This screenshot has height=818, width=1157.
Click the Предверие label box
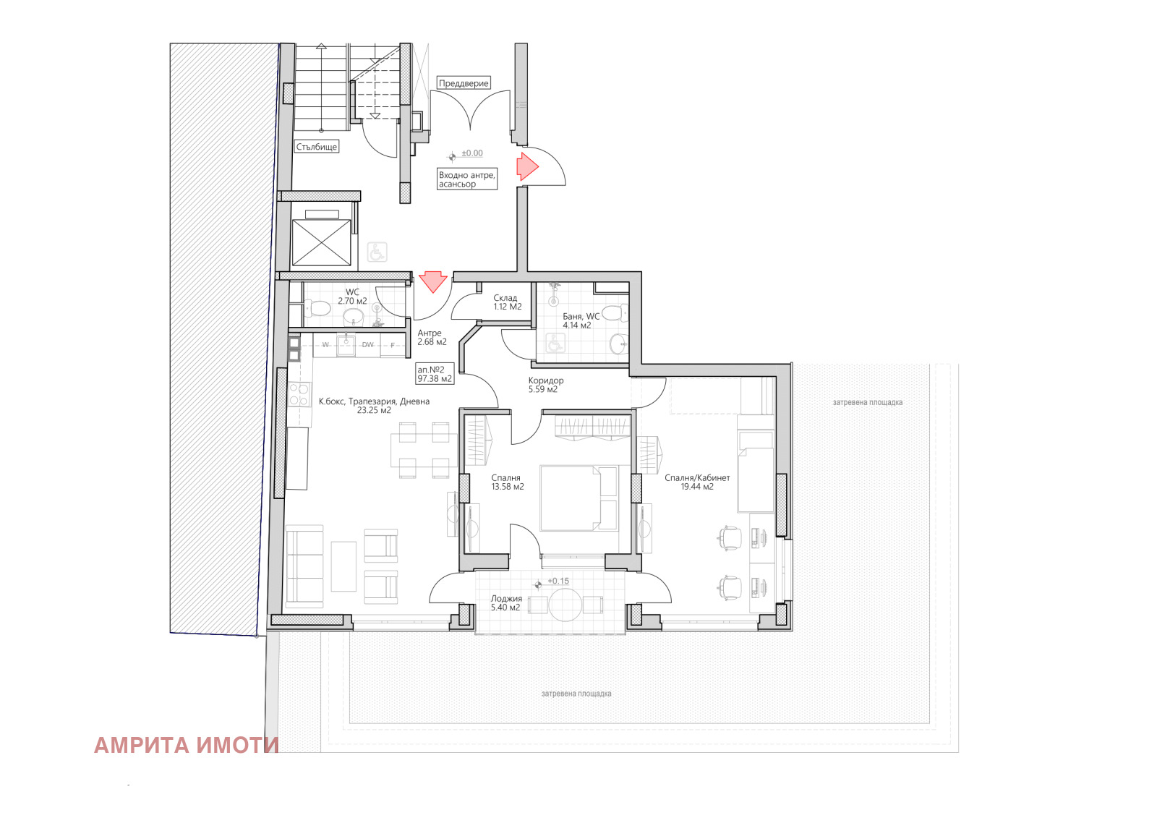tap(464, 83)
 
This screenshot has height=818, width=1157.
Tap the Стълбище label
tap(317, 147)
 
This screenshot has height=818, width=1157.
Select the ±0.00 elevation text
tap(472, 153)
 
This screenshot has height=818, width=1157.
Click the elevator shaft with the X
tap(321, 243)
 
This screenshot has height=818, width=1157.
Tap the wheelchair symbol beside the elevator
tap(377, 252)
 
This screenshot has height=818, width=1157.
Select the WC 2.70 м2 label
tap(352, 297)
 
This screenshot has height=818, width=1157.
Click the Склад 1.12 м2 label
tap(507, 302)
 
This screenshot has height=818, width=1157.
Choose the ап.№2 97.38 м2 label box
tap(435, 374)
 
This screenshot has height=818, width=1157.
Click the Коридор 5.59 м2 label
tap(545, 385)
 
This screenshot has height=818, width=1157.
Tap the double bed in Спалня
tap(578, 498)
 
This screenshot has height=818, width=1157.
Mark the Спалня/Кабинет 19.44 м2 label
tap(697, 482)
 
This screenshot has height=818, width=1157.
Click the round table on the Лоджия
tap(565, 604)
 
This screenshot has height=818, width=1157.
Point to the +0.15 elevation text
tap(558, 581)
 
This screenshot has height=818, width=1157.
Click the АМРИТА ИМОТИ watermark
tap(187, 745)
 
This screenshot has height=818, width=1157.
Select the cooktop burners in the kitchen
tap(299, 394)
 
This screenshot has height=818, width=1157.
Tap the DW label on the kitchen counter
tap(368, 345)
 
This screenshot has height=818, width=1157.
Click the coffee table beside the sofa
tap(343, 566)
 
